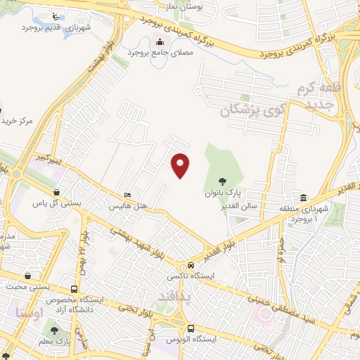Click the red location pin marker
click(x=181, y=165)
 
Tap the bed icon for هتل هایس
click(x=127, y=195)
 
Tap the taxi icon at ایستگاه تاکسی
click(x=191, y=266)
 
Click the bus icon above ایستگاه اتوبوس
click(x=191, y=328)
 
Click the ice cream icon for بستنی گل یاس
click(x=57, y=192)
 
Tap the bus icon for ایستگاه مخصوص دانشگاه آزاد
click(x=75, y=290)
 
